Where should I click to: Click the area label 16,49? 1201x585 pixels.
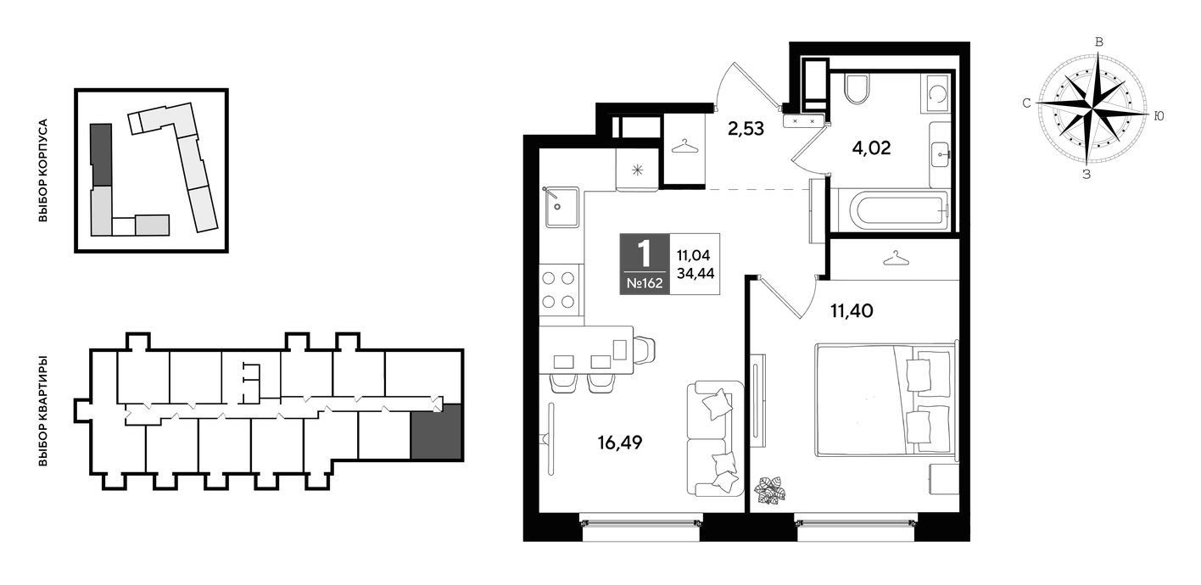click(x=620, y=443)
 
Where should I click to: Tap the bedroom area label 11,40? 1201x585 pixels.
click(x=852, y=310)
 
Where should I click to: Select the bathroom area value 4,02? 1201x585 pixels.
click(x=871, y=148)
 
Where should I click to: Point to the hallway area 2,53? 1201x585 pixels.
click(x=746, y=129)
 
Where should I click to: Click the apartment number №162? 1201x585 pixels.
click(x=645, y=283)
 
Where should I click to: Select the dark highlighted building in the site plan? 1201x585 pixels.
click(x=101, y=155)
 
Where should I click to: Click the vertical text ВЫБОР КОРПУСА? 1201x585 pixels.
click(x=43, y=170)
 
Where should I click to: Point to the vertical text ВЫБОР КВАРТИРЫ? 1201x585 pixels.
click(x=43, y=409)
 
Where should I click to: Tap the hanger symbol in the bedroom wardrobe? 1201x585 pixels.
click(x=897, y=259)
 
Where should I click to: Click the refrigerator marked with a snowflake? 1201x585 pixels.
click(x=637, y=170)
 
